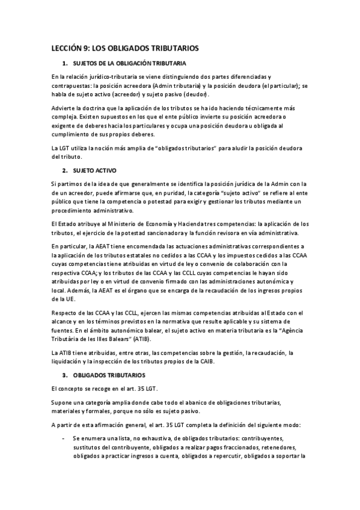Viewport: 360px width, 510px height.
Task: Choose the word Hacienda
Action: tap(175, 224)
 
